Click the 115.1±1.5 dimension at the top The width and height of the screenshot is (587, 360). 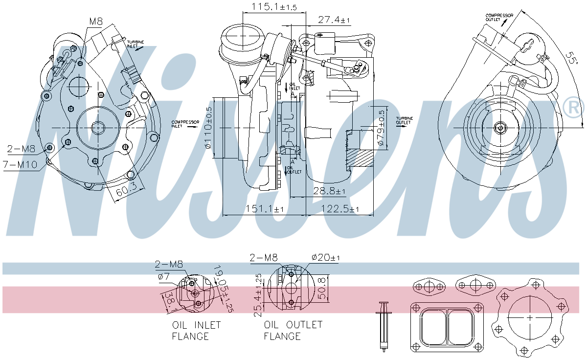pos(274,7)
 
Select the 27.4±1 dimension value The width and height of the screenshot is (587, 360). pos(335,20)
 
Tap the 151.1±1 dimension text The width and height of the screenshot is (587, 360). pos(265,209)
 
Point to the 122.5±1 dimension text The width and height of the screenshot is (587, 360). pos(340,209)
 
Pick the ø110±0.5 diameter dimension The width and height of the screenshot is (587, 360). pos(208,128)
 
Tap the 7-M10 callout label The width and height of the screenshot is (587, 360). pos(21,165)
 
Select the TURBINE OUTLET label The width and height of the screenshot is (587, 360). pos(405,120)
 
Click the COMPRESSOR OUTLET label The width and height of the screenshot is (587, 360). pos(499,18)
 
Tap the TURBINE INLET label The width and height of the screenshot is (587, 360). pos(136,45)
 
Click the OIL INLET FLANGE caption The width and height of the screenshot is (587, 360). pos(196,331)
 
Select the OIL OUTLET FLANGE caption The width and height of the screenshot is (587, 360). pos(293,331)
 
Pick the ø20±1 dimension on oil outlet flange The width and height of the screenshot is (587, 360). pos(325,257)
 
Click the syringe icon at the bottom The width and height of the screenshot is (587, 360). pos(384,326)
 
